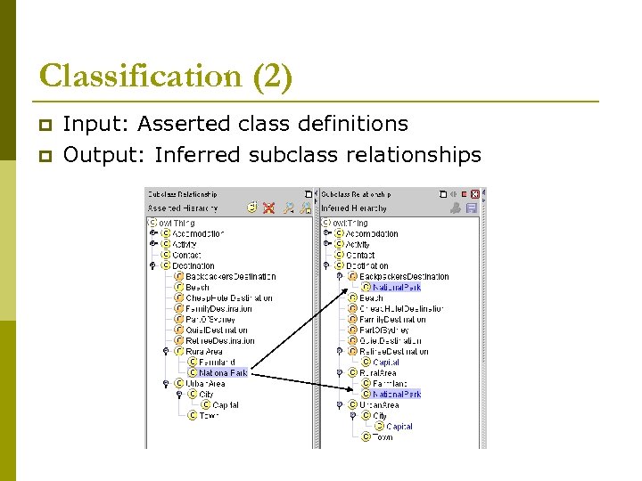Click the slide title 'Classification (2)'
tap(166, 77)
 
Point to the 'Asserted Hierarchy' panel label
tap(183, 208)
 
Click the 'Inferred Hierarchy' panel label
tap(355, 208)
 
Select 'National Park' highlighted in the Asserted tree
tap(224, 373)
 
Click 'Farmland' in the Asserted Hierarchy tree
tap(218, 363)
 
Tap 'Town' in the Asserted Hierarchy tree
tap(208, 415)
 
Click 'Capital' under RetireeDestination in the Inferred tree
tap(386, 363)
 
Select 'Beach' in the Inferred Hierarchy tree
tap(372, 298)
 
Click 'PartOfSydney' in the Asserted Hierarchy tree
tap(212, 319)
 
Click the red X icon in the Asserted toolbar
tap(267, 208)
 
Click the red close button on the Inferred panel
tap(475, 193)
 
